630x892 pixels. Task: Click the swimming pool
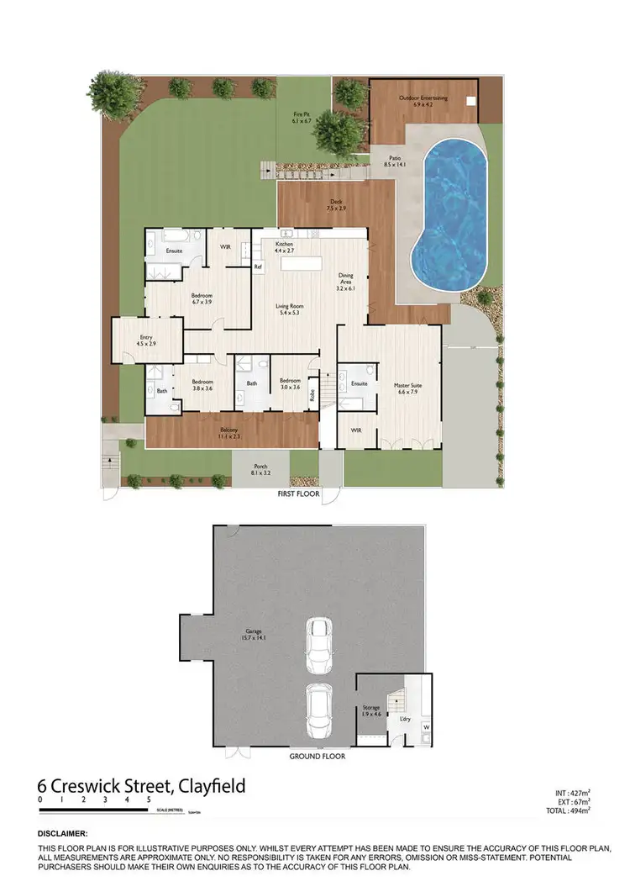454,219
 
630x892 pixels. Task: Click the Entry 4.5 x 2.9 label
146,340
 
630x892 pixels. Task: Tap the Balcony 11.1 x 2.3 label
229,433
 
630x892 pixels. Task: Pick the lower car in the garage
318,710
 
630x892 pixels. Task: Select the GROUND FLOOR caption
318,756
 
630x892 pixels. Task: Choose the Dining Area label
346,281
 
